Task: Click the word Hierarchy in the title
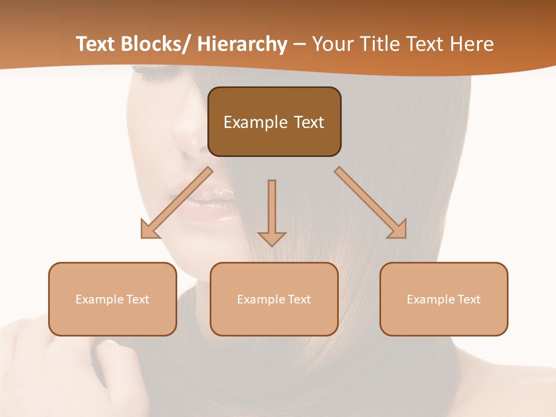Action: tap(242, 44)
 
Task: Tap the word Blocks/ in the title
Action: tap(157, 44)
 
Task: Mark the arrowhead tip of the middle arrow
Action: tap(272, 246)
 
